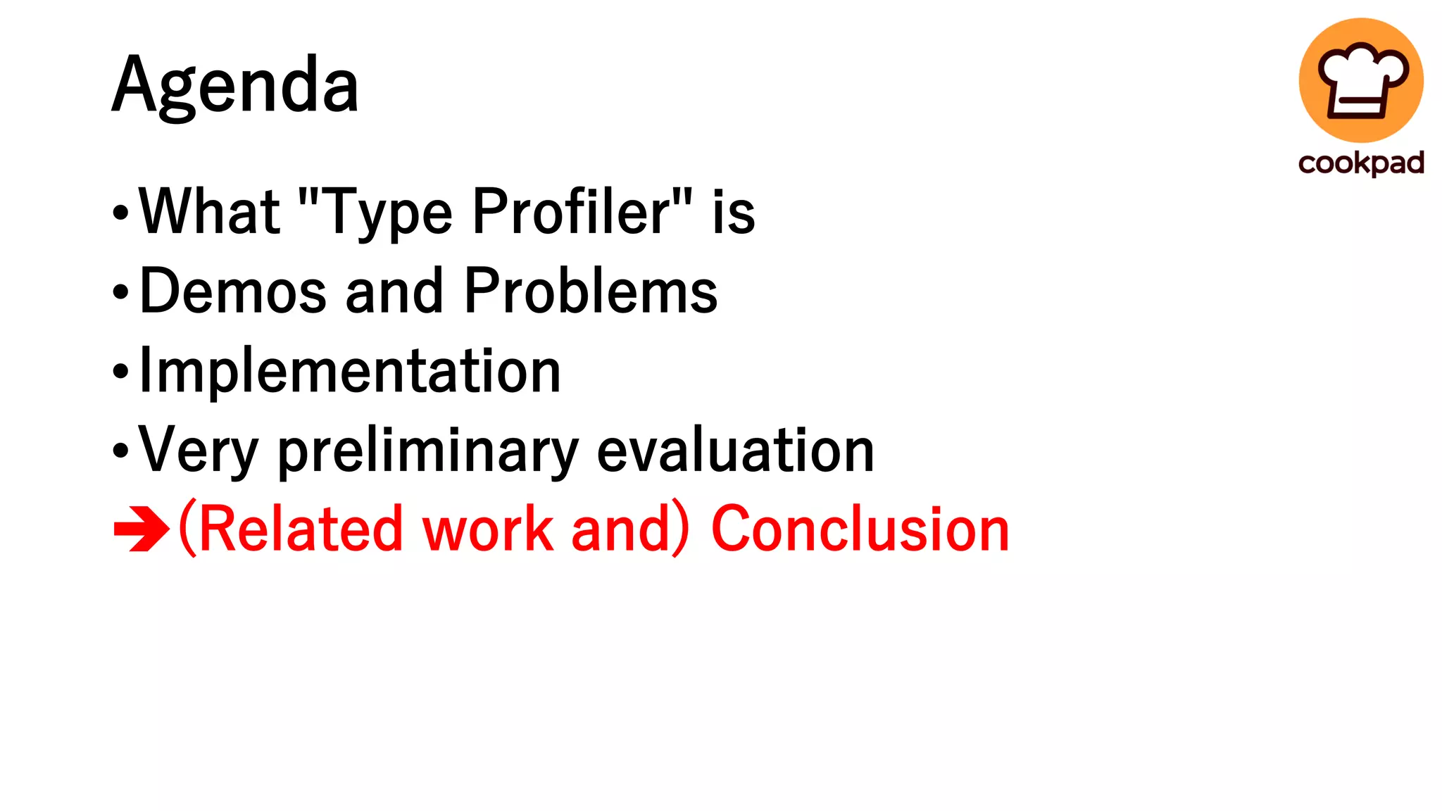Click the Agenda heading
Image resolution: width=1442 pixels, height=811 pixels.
point(235,86)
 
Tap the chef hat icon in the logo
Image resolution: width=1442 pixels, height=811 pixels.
point(1362,80)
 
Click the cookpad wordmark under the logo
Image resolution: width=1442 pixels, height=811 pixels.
point(1361,163)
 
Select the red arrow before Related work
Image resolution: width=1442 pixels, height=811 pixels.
point(141,529)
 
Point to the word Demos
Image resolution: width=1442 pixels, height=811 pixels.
point(233,291)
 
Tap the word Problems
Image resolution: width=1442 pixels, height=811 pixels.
point(591,291)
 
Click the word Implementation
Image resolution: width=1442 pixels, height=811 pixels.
point(350,370)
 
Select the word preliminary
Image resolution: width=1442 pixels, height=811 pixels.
point(428,451)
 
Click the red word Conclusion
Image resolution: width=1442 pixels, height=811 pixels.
point(860,529)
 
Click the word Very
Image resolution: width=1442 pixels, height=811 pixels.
point(199,451)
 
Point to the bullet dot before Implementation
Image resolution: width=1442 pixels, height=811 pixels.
point(121,371)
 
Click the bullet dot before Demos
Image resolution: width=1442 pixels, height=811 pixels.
point(121,291)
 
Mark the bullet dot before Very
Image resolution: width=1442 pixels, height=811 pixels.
point(121,451)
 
